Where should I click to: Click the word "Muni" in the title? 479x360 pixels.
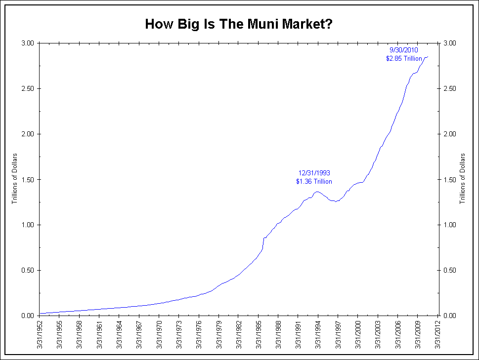click(x=256, y=24)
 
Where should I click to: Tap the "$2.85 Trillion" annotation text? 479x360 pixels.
click(x=404, y=58)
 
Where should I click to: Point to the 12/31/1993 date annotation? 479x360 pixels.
click(x=314, y=173)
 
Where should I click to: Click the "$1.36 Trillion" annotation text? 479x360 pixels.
click(x=314, y=182)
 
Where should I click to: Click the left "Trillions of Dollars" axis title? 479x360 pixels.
click(x=15, y=179)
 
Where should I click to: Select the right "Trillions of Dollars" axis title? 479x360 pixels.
click(x=463, y=179)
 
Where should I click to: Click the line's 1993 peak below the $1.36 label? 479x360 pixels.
click(x=317, y=192)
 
